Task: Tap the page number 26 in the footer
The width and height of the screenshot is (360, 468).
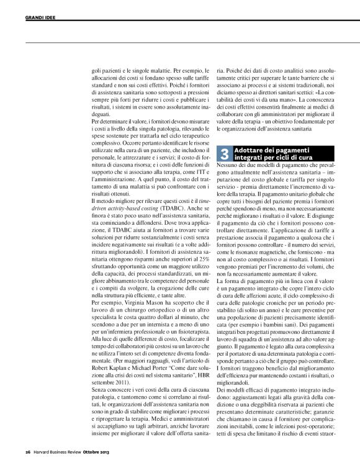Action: click(x=27, y=451)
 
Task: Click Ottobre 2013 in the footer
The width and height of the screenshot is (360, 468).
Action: click(x=104, y=451)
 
